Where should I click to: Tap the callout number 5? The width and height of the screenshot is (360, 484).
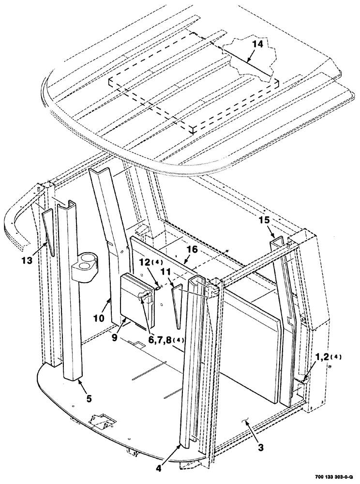[x=88, y=399]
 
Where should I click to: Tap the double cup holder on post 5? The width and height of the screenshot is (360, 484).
[x=84, y=263]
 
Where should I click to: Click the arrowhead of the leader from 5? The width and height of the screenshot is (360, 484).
[x=78, y=381]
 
